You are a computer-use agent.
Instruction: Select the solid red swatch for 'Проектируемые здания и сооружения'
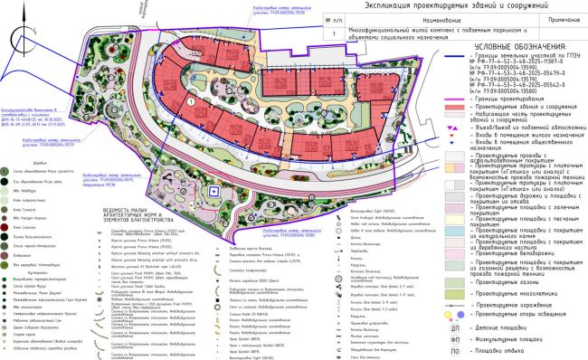click(x=456, y=108)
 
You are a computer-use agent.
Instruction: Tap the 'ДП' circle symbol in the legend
click(x=456, y=322)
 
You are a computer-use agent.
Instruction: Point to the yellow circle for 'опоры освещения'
click(x=456, y=312)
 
